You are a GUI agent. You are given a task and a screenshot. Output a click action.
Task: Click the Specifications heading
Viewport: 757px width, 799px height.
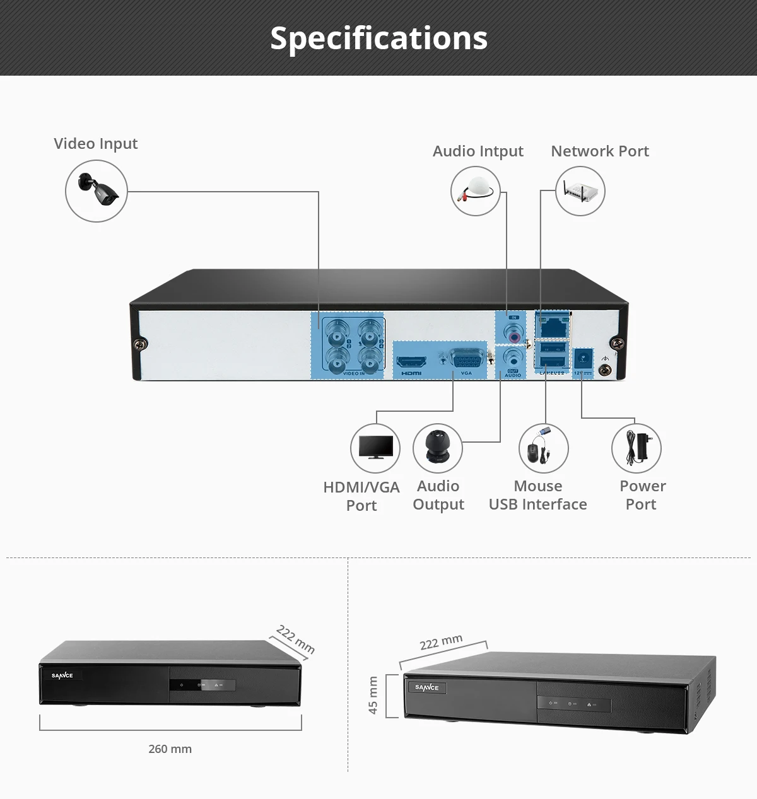pos(378,38)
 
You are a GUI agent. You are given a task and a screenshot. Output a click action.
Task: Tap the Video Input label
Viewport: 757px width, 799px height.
pos(95,144)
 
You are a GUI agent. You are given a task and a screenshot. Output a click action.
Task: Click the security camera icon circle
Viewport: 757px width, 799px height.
pos(97,190)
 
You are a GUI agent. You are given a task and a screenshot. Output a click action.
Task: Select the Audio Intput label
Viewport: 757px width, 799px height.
pos(478,151)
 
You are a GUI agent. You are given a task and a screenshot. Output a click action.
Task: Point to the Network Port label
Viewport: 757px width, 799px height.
pos(599,151)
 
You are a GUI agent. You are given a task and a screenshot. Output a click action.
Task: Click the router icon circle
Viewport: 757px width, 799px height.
pos(580,191)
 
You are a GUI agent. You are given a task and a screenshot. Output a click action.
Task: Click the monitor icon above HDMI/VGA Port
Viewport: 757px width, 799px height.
pos(375,448)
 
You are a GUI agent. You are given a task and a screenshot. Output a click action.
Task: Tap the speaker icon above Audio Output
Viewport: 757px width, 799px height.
pos(437,448)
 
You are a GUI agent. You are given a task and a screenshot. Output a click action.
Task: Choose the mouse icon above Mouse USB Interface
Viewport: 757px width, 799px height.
pos(543,448)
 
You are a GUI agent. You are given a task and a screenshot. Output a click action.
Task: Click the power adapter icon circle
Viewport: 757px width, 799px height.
pos(636,448)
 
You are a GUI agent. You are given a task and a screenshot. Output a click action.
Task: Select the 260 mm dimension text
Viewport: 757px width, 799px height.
pos(170,749)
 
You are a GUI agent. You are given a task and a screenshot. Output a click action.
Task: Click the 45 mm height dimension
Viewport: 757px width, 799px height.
pos(373,696)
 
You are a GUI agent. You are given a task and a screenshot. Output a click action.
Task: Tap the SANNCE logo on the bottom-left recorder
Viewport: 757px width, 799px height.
pos(62,676)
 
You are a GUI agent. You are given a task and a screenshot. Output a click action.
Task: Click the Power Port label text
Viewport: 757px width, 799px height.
pos(642,495)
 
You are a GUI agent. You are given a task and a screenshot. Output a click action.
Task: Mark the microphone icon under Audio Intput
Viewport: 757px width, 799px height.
pos(476,191)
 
